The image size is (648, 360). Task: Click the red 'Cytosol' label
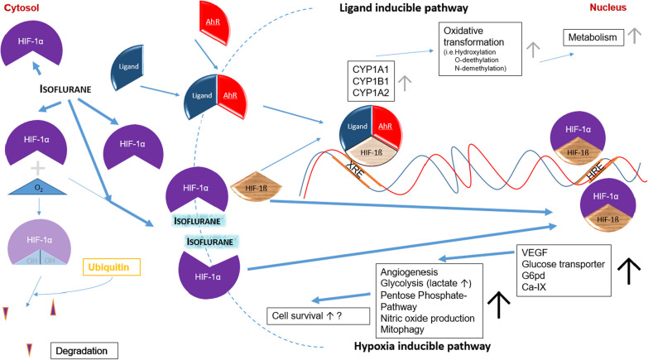click(21, 7)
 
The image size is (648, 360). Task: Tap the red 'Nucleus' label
click(608, 7)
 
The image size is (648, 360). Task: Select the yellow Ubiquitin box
click(112, 267)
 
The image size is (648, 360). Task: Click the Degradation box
click(84, 351)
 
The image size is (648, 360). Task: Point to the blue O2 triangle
click(37, 187)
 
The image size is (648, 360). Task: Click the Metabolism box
click(593, 37)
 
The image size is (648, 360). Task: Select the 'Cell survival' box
click(319, 316)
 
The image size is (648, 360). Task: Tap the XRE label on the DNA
click(354, 170)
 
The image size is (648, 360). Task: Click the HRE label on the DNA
click(594, 170)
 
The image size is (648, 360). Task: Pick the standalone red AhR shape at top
click(214, 22)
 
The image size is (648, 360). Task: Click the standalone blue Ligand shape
click(127, 67)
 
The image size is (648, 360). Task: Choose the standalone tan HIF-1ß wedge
click(257, 187)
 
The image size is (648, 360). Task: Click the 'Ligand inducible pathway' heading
click(404, 7)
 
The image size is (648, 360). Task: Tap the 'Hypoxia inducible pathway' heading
click(422, 347)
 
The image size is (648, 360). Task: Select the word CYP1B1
click(371, 81)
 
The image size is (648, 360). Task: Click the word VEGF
click(535, 252)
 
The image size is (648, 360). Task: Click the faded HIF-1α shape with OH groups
click(39, 242)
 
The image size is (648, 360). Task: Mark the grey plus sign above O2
click(38, 168)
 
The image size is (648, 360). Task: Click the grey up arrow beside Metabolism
click(635, 36)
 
